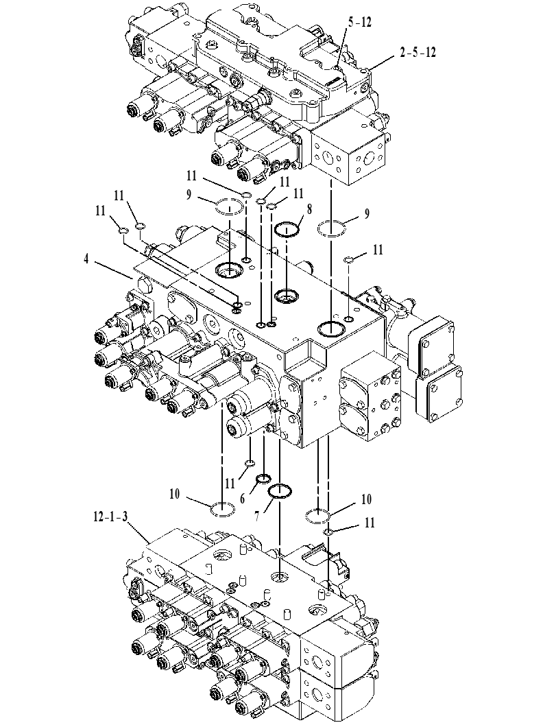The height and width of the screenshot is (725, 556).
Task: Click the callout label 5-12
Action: [x=360, y=22]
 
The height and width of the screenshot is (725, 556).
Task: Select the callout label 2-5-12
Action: [x=418, y=52]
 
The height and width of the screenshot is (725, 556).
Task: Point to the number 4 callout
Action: [x=86, y=259]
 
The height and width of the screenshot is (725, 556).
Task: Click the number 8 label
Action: [x=309, y=209]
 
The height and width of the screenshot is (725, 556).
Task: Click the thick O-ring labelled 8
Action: [x=287, y=229]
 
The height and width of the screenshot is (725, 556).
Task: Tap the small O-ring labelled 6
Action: [x=264, y=477]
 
